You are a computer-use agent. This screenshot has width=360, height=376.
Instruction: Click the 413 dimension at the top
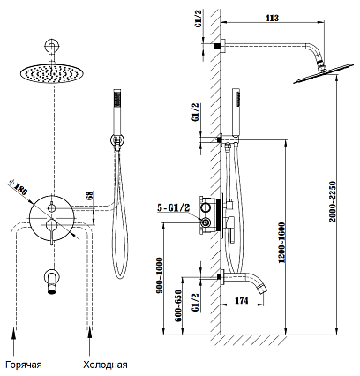tap(272, 18)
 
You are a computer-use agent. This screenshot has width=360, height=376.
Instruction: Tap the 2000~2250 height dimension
tap(333, 201)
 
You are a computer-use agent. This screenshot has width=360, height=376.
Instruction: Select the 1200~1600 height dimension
tap(282, 243)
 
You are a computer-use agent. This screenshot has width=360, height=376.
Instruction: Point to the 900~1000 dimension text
tap(160, 275)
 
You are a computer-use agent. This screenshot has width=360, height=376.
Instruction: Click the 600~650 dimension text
tap(178, 305)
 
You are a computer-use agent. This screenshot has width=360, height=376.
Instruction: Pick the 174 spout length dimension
tap(241, 300)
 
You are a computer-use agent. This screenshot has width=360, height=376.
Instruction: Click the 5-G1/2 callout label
tap(173, 207)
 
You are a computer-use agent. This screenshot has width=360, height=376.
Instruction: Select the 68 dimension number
tap(90, 195)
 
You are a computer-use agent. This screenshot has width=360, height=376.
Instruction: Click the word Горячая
tap(24, 365)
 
